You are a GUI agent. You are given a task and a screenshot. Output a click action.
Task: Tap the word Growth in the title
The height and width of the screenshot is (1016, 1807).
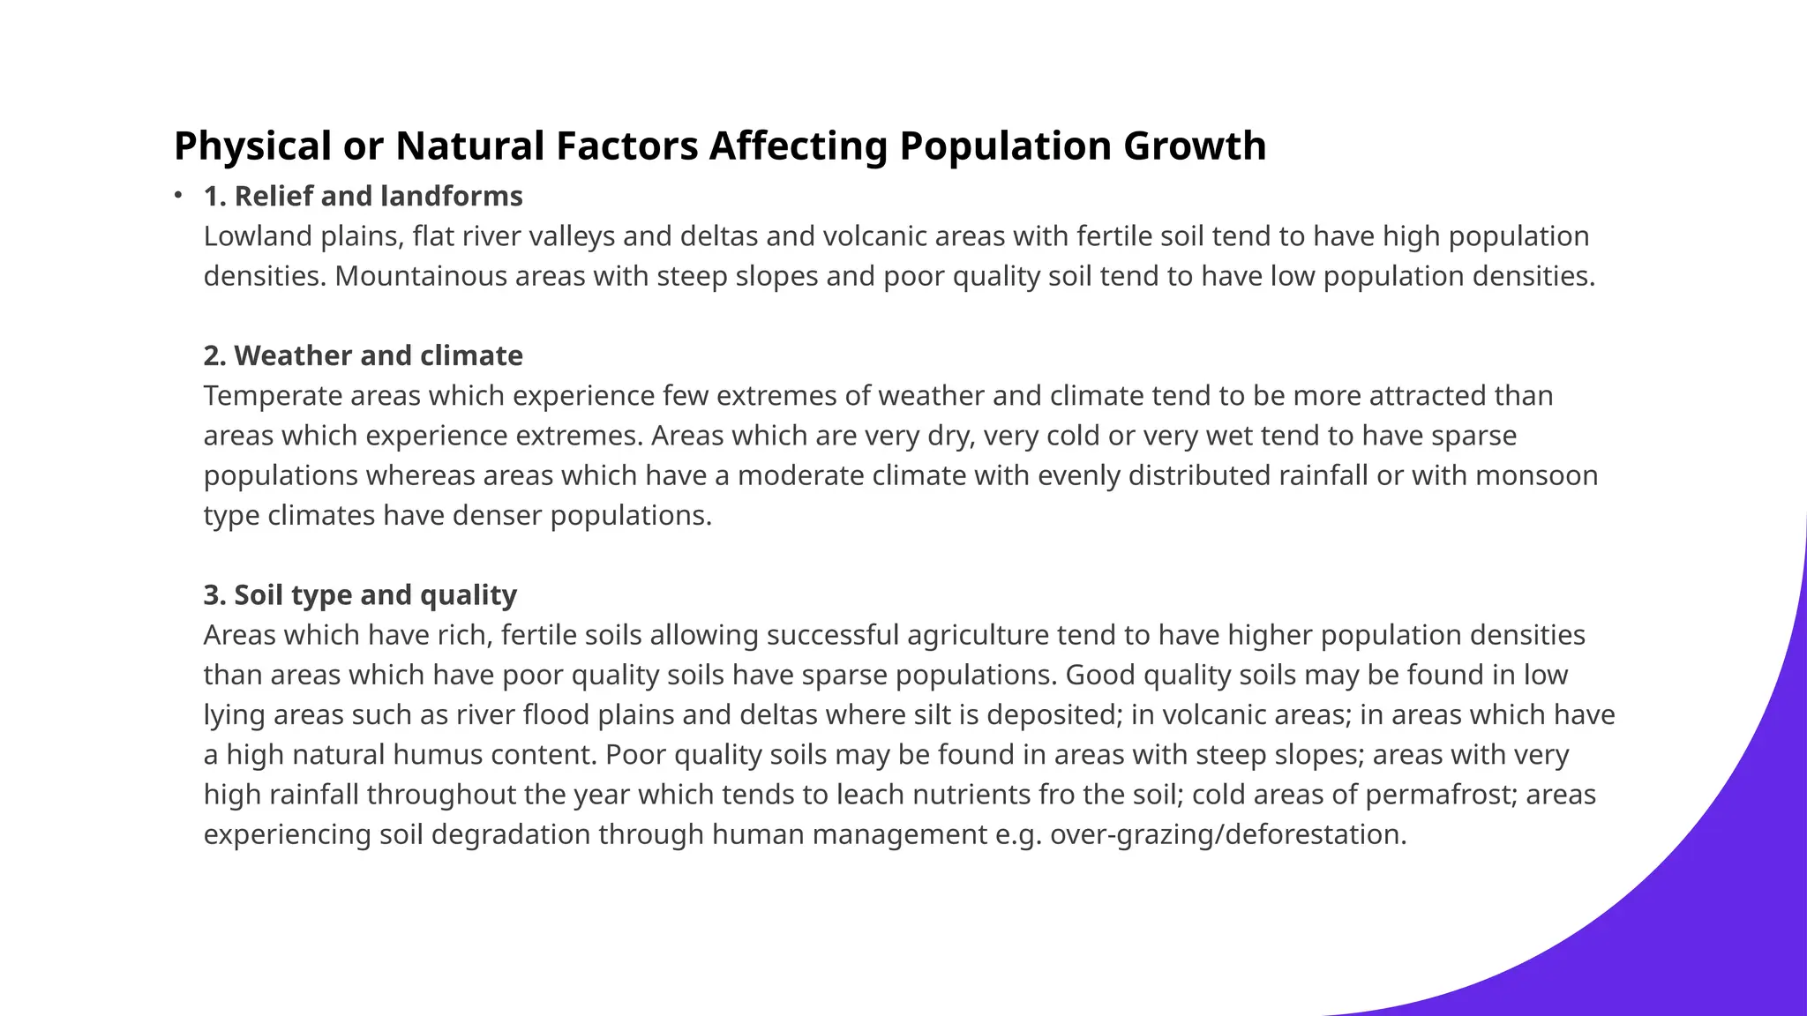[1195, 146]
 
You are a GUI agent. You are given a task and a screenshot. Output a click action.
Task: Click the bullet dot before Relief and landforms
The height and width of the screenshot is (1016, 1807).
[178, 194]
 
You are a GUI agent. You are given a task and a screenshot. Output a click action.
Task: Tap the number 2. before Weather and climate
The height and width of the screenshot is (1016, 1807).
[214, 355]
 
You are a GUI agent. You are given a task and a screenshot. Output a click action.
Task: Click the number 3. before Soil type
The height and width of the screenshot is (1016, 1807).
[214, 595]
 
